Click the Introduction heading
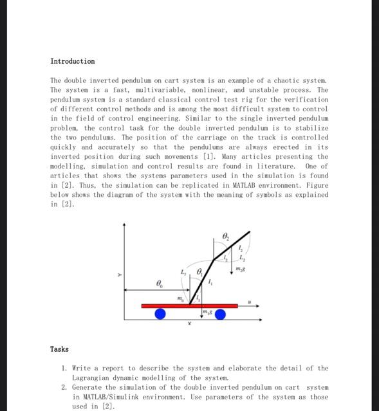72,61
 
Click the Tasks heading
59,349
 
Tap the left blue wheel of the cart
160,314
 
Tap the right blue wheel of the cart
220,314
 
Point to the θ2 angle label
225,236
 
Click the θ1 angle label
199,272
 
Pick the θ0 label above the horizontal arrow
160,283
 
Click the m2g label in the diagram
241,268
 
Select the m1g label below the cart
207,313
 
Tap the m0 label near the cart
181,298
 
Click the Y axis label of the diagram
119,275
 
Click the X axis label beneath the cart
189,324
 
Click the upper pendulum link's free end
249,232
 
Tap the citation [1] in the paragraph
209,156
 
